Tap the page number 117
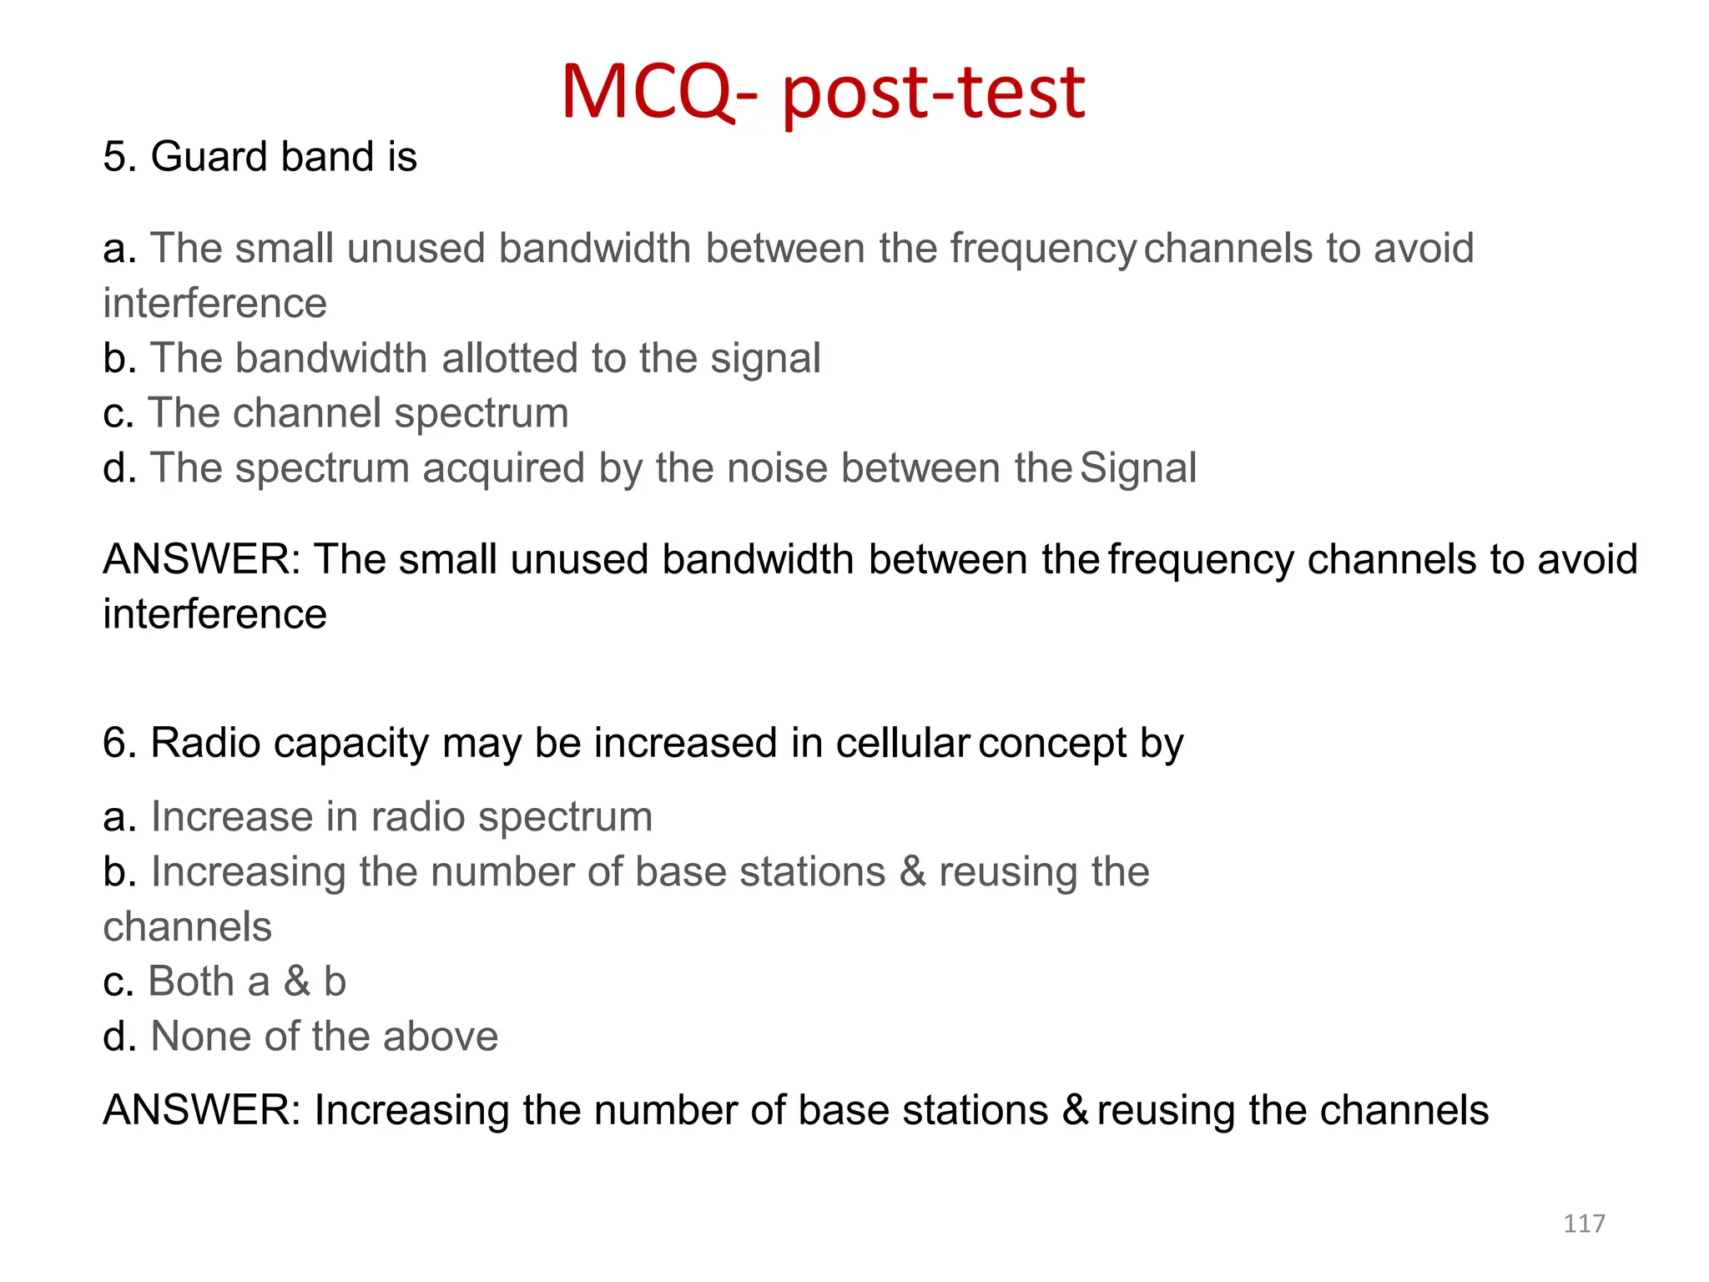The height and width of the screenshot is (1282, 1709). click(x=1584, y=1224)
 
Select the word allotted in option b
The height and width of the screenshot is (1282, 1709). click(x=509, y=358)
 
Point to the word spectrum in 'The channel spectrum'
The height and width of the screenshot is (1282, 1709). click(x=481, y=413)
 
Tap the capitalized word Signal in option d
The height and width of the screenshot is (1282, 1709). click(x=1138, y=468)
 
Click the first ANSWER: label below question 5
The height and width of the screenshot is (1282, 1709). click(x=201, y=559)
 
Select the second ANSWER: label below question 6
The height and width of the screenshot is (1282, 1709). click(x=201, y=1111)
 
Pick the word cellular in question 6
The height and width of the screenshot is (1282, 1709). click(x=902, y=743)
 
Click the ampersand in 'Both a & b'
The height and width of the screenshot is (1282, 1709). click(x=296, y=982)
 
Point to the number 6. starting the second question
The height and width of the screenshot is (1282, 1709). click(x=120, y=743)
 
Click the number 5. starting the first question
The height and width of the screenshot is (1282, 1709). click(x=120, y=157)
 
